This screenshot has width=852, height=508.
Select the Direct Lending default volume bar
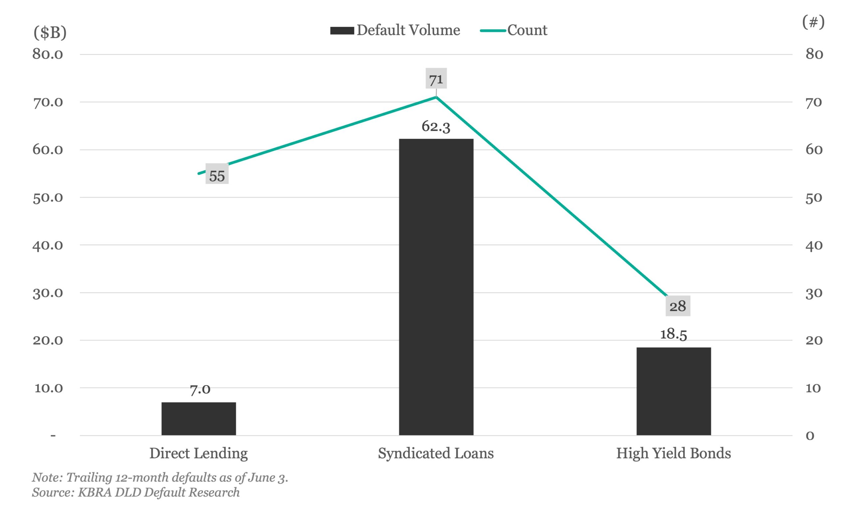pyautogui.click(x=199, y=418)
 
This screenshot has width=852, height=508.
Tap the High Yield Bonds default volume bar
pyautogui.click(x=674, y=391)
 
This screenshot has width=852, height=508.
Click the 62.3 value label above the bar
pyautogui.click(x=436, y=126)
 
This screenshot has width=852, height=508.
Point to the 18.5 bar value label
pyautogui.click(x=673, y=334)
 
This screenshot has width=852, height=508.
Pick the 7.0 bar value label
pyautogui.click(x=200, y=389)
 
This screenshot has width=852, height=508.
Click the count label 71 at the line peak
pyautogui.click(x=436, y=79)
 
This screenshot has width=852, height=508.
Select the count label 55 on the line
pyautogui.click(x=217, y=176)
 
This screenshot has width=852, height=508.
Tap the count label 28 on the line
pyautogui.click(x=678, y=306)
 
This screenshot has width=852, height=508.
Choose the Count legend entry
pyautogui.click(x=514, y=30)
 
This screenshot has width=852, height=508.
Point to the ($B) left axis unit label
pyautogui.click(x=50, y=33)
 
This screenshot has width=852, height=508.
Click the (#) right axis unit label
pyautogui.click(x=813, y=22)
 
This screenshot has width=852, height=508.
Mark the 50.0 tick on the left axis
pyautogui.click(x=48, y=198)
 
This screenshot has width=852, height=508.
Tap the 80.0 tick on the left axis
pyautogui.click(x=48, y=54)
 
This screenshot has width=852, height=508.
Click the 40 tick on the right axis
pyautogui.click(x=814, y=245)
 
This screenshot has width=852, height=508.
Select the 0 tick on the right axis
pyautogui.click(x=810, y=436)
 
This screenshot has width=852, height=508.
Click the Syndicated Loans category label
pyautogui.click(x=436, y=453)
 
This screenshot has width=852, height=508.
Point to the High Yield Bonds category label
pyautogui.click(x=673, y=453)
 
